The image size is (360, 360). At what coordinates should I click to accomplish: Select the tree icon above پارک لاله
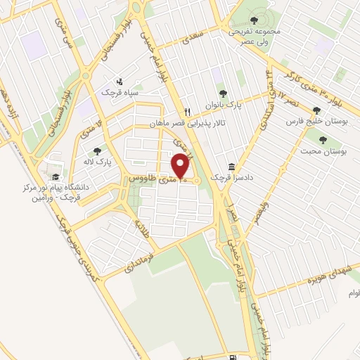click(97, 150)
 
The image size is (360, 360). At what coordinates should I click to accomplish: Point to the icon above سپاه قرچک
click(120, 81)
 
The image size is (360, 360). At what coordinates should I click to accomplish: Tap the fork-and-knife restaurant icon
click(187, 112)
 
